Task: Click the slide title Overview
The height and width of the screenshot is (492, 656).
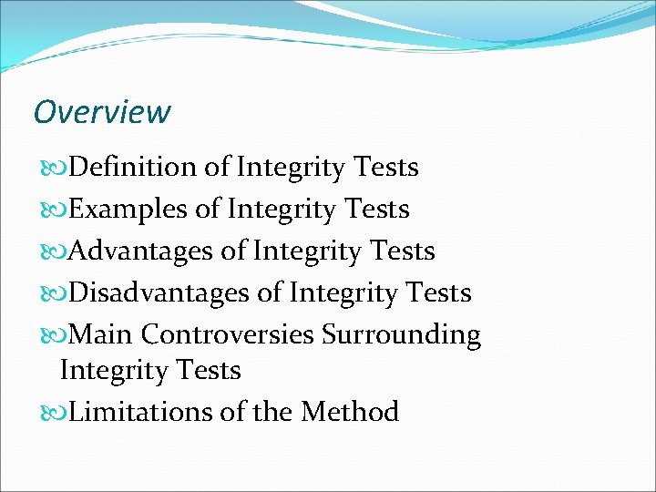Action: click(x=101, y=112)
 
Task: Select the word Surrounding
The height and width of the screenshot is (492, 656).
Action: click(x=401, y=334)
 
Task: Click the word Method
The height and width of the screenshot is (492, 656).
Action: click(x=350, y=412)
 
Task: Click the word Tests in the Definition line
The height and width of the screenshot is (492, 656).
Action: click(x=385, y=168)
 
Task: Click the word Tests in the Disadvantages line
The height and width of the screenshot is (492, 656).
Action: click(x=438, y=292)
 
